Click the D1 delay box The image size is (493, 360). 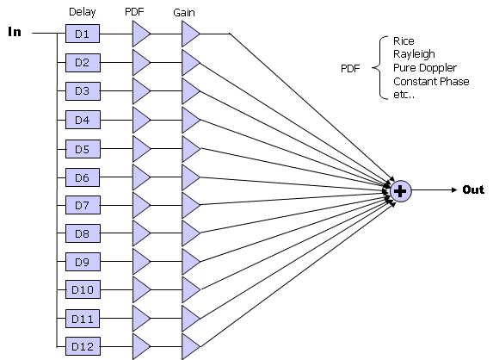83,34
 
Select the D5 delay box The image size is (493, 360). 83,149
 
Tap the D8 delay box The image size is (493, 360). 83,233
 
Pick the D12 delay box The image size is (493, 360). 83,346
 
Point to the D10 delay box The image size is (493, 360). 83,289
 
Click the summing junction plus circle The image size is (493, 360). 401,191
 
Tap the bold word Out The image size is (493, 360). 473,189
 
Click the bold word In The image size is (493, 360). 15,32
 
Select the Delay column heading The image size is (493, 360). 82,12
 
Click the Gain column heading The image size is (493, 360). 184,13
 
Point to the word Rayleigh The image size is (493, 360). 414,54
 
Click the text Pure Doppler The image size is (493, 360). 425,68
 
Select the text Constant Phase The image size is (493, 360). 431,82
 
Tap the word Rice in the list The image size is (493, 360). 404,41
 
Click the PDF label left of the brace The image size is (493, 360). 350,69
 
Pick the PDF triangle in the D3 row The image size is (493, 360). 140,91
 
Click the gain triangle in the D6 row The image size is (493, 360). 189,177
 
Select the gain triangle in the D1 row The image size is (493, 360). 189,34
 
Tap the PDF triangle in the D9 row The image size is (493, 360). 140,262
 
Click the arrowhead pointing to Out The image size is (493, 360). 454,189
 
